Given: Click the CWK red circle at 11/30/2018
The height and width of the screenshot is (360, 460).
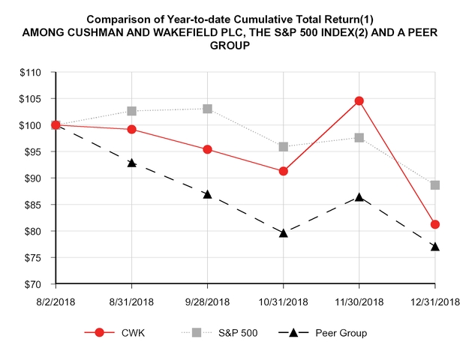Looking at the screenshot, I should click(x=359, y=100).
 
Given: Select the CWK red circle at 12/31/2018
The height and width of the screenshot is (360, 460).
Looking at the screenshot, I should click(x=435, y=224).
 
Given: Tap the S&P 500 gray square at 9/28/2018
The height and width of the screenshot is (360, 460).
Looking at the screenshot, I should click(x=208, y=109).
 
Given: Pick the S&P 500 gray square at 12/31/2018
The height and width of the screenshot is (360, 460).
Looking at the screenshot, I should click(x=435, y=185).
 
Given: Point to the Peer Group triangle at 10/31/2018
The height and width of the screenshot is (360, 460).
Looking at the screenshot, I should click(x=284, y=232).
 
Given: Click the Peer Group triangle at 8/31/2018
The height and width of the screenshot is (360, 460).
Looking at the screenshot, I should click(x=132, y=162).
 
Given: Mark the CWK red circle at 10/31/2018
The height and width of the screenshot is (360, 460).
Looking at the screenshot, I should click(x=284, y=171).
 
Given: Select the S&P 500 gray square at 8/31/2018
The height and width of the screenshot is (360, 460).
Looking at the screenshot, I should click(x=132, y=111).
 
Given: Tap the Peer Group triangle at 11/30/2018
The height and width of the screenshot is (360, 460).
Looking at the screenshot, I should click(x=359, y=197).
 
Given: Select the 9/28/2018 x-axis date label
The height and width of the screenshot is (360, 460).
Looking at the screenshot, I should click(x=208, y=301).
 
